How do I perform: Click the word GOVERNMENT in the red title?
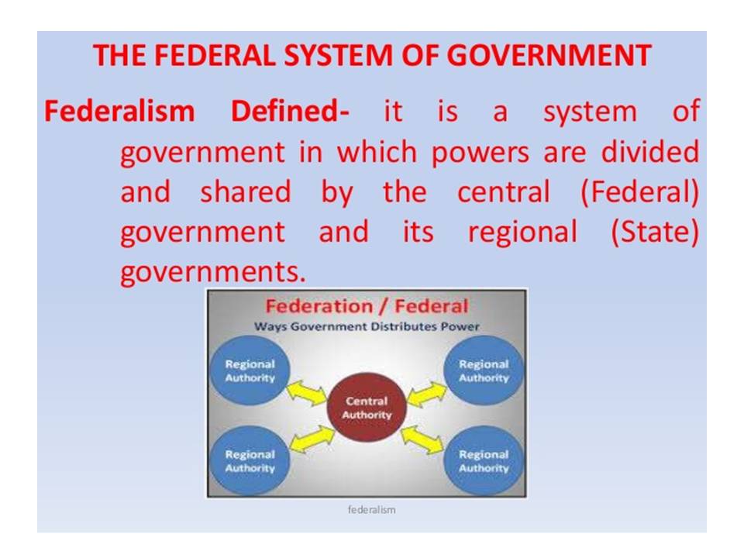coord(549,55)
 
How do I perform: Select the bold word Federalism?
coord(119,112)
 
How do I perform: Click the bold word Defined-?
coord(290,112)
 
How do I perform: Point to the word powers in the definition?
coord(480,153)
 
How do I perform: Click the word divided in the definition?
coord(650,152)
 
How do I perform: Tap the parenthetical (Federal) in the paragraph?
coord(640,193)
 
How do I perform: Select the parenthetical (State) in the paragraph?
coord(656,232)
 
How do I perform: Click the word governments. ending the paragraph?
coord(213,272)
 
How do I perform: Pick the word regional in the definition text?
coord(523,233)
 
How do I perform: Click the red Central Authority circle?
coord(367,407)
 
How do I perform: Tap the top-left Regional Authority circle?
coord(250,370)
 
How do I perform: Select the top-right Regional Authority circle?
coord(484,370)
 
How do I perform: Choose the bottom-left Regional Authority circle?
coord(250,460)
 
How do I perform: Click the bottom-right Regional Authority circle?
coord(484,460)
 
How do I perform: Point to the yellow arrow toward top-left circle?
coord(308,392)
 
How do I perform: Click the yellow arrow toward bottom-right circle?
coord(423,439)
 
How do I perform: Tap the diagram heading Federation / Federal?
coord(367,307)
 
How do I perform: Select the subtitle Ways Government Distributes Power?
coord(367,326)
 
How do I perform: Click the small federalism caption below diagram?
coord(371,510)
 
